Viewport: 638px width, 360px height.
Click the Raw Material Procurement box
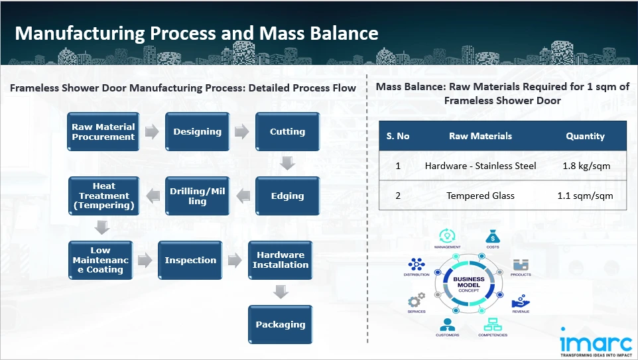point(103,132)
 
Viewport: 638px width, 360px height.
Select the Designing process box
point(197,132)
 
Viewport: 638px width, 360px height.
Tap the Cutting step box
point(287,132)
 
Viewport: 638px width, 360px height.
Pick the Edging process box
point(287,196)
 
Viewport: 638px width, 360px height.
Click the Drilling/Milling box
point(197,196)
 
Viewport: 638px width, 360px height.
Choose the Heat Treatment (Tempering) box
point(103,196)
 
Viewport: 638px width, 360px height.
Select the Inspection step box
point(190,260)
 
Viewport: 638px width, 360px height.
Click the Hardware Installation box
point(281,260)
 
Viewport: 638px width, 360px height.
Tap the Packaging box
point(281,324)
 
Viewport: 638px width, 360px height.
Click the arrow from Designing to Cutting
point(242,132)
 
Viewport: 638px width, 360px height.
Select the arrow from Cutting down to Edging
point(287,163)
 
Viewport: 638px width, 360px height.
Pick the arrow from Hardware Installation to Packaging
point(281,292)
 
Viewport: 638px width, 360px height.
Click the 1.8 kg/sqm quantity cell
point(585,166)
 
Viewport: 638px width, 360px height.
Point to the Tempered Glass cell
point(480,196)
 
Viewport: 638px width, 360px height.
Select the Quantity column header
point(585,136)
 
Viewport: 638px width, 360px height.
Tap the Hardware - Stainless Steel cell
point(480,166)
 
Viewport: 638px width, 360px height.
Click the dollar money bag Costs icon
point(491,237)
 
